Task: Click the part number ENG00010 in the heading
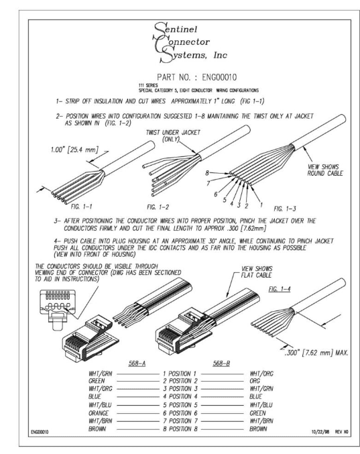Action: coord(219,77)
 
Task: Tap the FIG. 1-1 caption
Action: coord(81,207)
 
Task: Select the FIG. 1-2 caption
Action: coord(158,207)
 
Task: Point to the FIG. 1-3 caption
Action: coord(285,209)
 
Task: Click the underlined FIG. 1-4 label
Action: coord(280,289)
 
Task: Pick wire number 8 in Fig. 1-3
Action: coord(207,173)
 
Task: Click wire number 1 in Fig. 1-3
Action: coord(261,205)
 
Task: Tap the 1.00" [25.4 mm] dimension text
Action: coord(74,150)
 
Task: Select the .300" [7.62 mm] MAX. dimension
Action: coord(316,353)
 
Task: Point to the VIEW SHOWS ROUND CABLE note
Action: coord(325,170)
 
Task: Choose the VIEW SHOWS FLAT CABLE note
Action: coord(257,272)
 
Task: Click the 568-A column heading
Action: coord(137,363)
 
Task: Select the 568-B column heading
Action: coord(221,363)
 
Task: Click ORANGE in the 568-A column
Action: coord(99,413)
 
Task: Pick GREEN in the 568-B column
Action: coord(257,413)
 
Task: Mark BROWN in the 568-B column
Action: coord(258,429)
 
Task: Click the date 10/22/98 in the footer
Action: coord(320,432)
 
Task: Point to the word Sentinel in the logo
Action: coord(175,29)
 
